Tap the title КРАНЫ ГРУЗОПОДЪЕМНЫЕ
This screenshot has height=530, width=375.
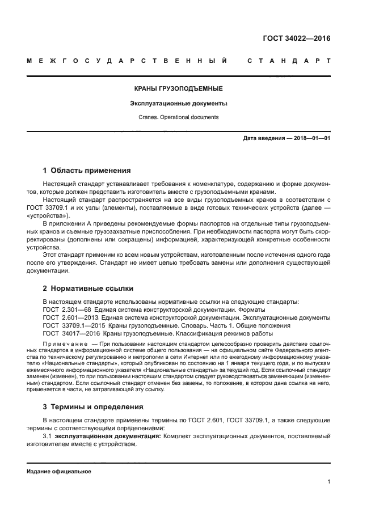(x=178, y=89)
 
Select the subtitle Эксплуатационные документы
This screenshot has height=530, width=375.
(x=178, y=104)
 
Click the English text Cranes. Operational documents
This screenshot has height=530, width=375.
(x=178, y=117)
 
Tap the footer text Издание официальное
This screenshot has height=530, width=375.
(x=58, y=471)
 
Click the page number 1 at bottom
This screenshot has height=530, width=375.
(x=328, y=482)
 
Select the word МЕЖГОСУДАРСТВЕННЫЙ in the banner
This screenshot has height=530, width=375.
(x=128, y=61)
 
